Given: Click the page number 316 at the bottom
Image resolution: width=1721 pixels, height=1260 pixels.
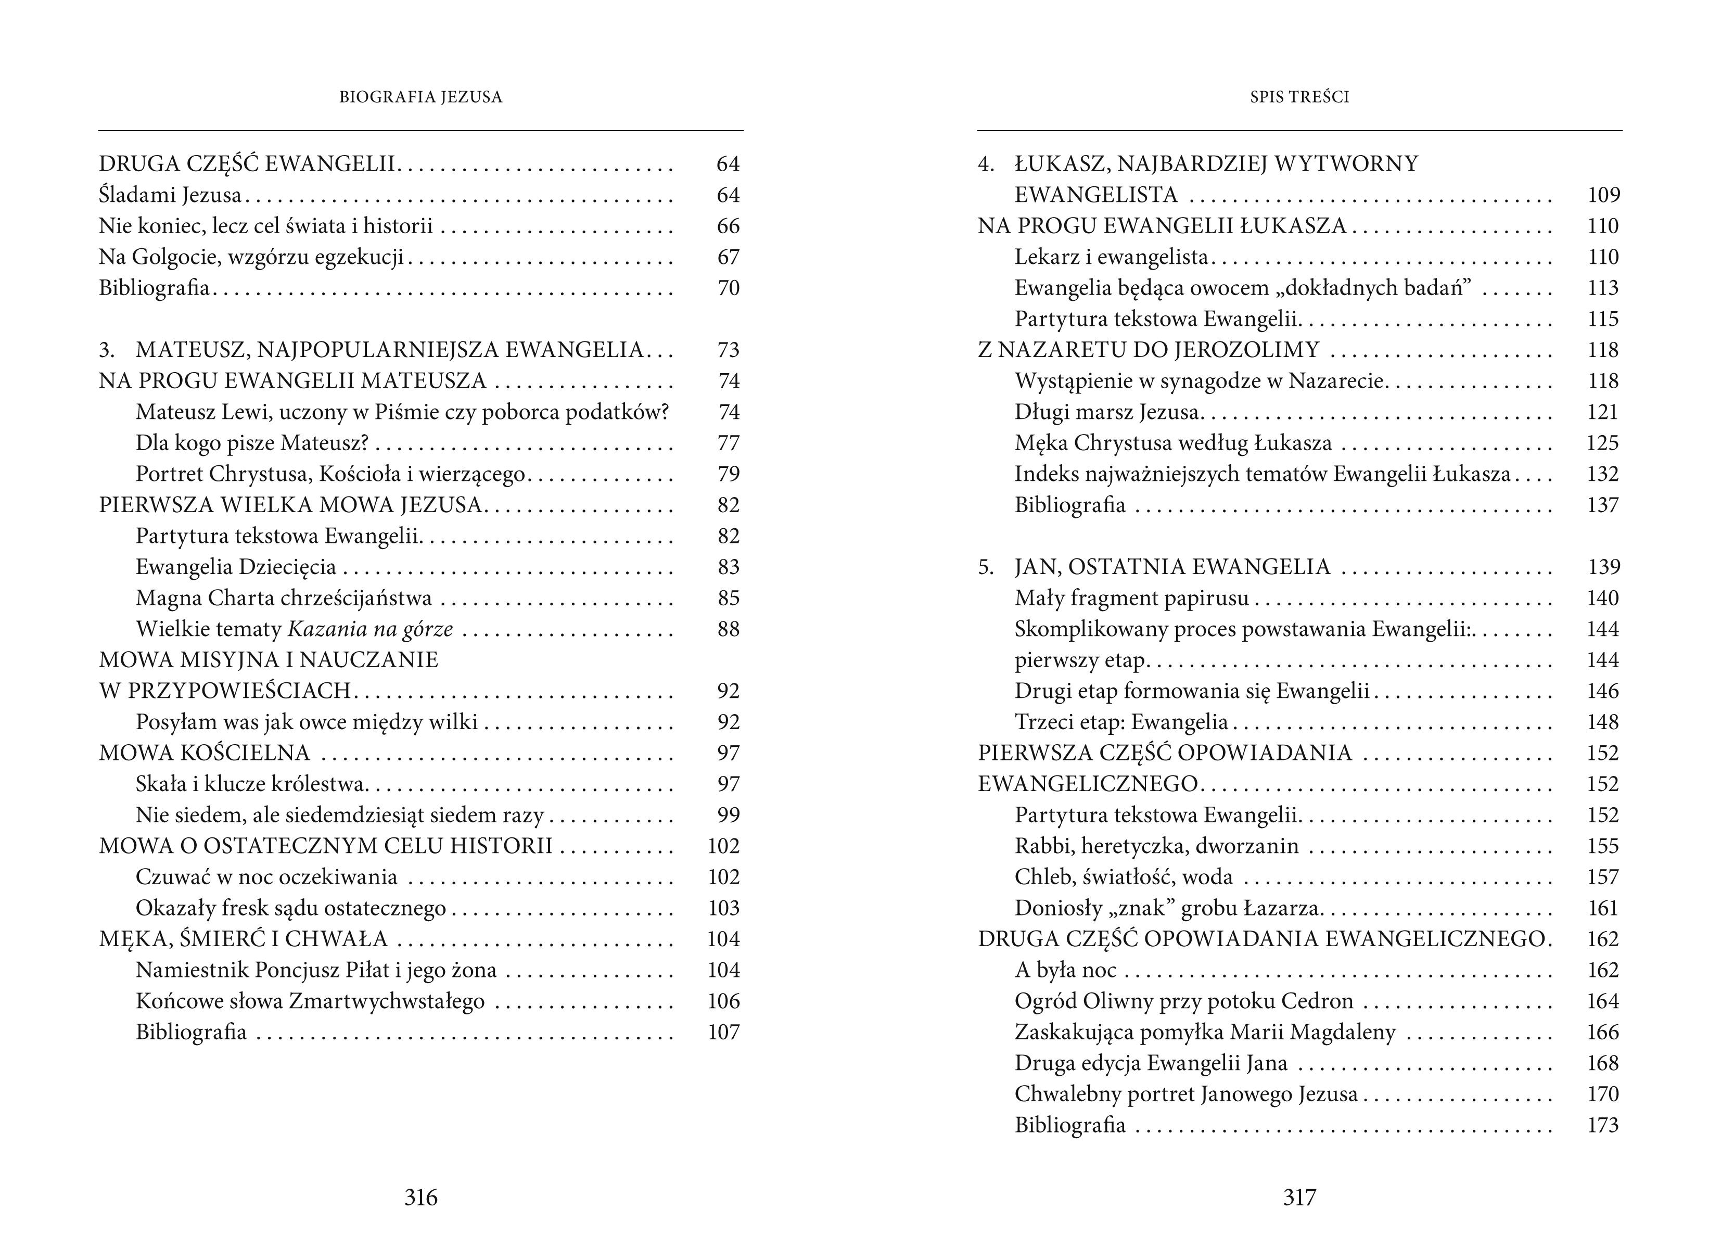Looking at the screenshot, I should [x=421, y=1198].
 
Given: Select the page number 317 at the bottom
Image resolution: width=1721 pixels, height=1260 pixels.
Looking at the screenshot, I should [x=1299, y=1198].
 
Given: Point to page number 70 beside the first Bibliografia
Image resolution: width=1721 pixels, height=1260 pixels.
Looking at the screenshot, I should [x=728, y=288].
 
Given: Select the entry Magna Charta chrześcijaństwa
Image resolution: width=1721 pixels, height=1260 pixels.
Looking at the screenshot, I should [x=284, y=598].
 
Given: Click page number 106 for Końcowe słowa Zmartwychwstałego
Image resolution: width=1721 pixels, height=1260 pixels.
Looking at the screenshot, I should [x=723, y=1001].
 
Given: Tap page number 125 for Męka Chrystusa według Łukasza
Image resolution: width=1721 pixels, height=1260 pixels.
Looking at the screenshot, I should [x=1602, y=443].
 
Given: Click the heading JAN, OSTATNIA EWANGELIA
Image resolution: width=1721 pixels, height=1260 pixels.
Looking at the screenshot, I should [x=1172, y=567].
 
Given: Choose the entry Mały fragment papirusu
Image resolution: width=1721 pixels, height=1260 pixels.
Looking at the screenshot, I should [x=1131, y=598].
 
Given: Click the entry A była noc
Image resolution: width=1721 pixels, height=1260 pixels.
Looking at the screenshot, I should [x=1065, y=970].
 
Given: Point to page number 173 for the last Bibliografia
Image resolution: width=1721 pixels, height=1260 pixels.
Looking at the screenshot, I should [x=1602, y=1126].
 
